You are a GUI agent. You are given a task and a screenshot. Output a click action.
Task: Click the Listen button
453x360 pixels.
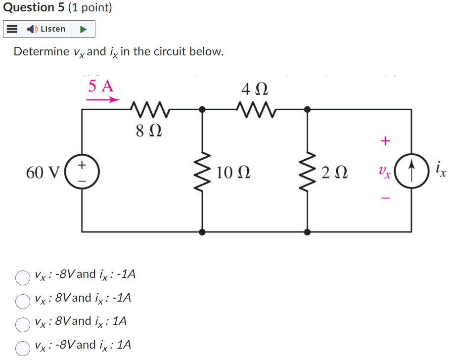coord(47,29)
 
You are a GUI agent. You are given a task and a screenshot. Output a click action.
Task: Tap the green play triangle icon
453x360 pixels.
coord(84,29)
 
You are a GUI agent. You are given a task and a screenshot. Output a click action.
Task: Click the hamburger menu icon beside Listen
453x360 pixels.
coord(12,29)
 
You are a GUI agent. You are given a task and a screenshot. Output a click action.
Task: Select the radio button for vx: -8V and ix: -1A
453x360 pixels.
coord(23,278)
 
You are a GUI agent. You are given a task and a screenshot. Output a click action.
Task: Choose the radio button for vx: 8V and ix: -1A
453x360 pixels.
coord(23,301)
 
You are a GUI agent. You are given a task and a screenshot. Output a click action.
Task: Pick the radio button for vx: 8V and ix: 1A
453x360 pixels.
coord(23,324)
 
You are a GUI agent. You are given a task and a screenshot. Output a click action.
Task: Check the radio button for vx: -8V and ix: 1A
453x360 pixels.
coord(23,348)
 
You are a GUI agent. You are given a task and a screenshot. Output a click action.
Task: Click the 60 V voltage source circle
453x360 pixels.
coord(82,172)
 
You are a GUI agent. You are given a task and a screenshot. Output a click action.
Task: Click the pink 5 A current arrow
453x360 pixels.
coord(103,100)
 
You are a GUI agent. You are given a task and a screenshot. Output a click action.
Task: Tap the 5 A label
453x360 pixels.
coord(101,86)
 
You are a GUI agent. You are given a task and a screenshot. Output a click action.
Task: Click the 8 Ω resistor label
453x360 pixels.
coord(148,132)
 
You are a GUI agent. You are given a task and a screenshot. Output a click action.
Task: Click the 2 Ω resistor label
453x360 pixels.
coord(334,173)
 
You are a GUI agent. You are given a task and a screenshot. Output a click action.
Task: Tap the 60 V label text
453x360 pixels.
coord(43,173)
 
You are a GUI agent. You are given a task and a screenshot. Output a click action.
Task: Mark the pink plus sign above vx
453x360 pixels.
coord(385,141)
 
